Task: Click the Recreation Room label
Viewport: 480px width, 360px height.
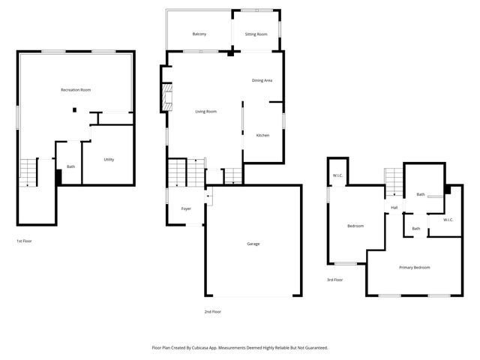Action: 76,90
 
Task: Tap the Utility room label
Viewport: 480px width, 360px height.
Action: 109,160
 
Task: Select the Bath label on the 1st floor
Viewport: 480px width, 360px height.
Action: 71,166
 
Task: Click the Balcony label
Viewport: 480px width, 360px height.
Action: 199,34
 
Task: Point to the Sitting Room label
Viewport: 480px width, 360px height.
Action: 256,34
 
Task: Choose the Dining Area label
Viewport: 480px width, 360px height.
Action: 262,80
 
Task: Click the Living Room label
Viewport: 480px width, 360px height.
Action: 206,112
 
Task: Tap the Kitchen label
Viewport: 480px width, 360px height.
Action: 262,135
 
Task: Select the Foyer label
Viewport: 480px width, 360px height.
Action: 186,208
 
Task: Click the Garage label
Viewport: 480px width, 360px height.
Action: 253,244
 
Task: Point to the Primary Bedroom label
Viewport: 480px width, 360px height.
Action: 414,267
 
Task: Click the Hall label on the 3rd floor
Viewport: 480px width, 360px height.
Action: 394,208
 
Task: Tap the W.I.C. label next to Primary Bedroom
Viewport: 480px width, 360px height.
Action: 448,220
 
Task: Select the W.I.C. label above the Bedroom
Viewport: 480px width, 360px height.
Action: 337,176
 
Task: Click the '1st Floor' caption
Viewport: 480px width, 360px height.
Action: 24,241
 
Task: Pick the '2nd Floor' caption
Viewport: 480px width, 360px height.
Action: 212,311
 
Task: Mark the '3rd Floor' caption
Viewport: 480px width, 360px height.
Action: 334,280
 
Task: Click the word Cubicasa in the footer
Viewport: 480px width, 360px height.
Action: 211,348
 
